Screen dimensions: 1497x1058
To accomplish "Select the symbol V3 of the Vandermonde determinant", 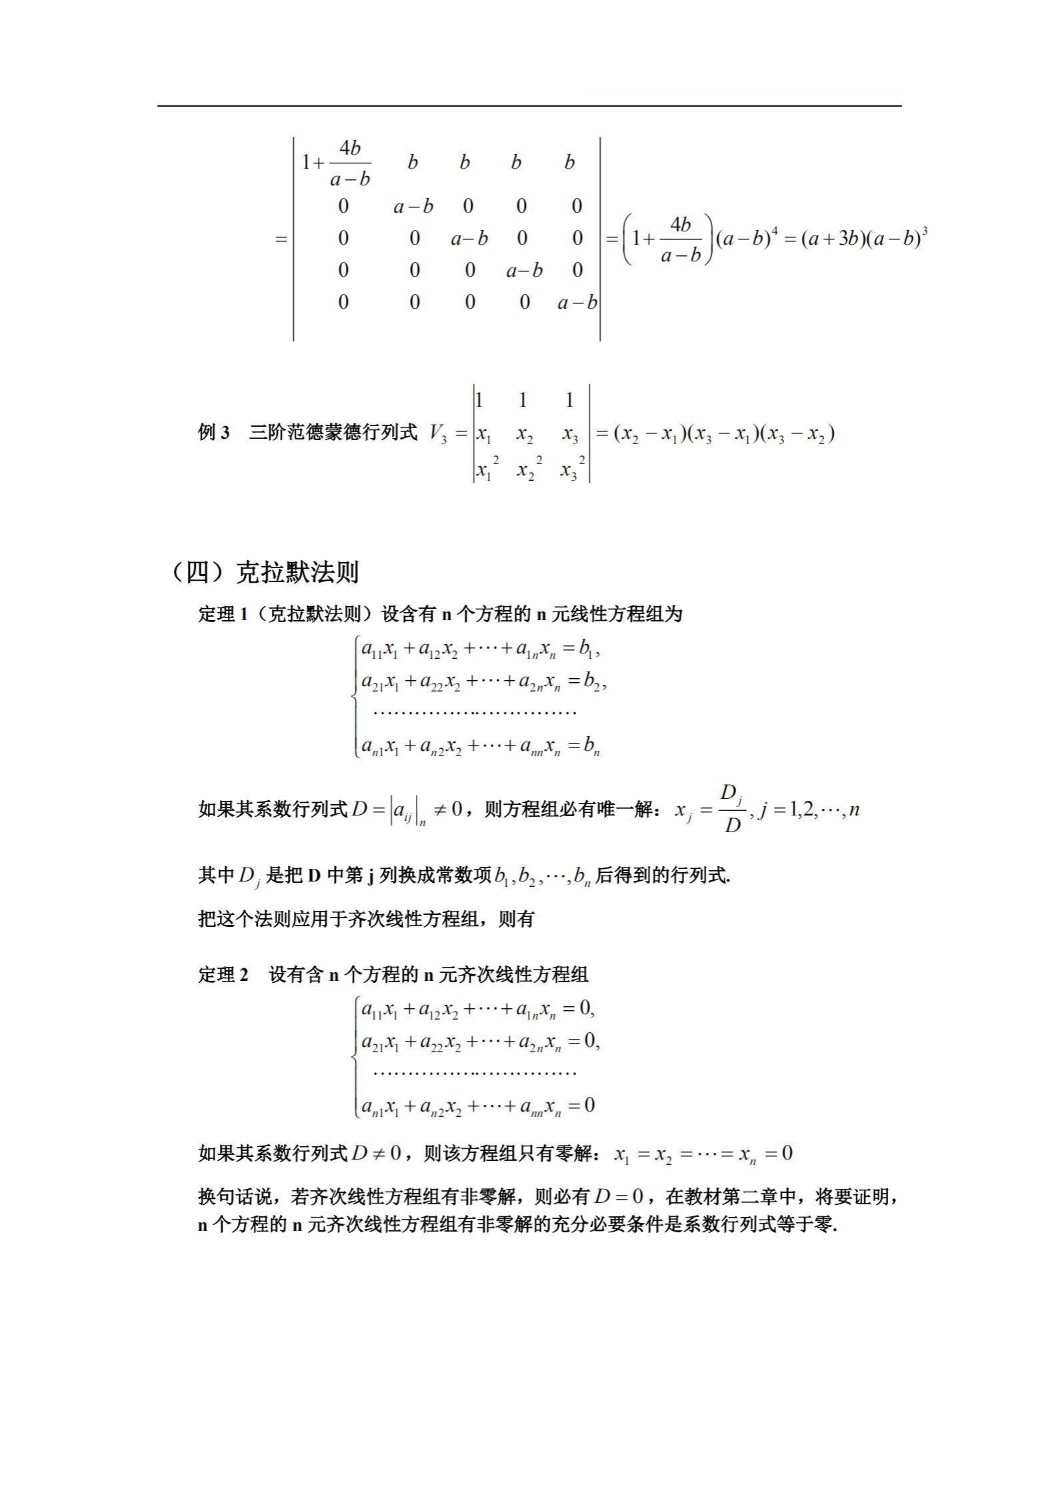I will click(438, 434).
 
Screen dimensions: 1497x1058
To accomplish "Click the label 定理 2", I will click(223, 975).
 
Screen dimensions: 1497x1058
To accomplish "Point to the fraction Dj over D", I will click(732, 810).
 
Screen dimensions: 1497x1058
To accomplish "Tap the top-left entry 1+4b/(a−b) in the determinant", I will click(337, 163).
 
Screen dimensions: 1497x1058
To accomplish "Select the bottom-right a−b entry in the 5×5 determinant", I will click(577, 303).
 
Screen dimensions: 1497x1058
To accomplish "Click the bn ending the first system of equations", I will click(591, 746).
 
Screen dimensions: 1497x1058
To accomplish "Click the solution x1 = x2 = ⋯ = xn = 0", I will click(703, 1154).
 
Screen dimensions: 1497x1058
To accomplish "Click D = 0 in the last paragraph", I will click(619, 1197).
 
